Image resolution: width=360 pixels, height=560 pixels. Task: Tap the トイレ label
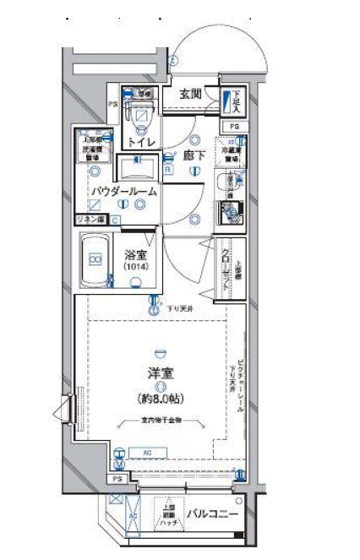[x=141, y=142]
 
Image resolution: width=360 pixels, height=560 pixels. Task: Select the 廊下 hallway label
[x=195, y=155]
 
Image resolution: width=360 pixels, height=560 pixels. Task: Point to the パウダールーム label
[x=125, y=192]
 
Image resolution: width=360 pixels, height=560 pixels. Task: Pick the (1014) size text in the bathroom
[x=135, y=267]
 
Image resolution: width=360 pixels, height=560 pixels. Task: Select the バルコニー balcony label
[x=212, y=514]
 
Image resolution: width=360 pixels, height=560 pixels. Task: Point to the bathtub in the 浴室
[x=95, y=261]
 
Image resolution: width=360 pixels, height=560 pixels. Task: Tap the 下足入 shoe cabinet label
[x=237, y=101]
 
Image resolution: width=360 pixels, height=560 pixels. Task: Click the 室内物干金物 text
[x=161, y=420]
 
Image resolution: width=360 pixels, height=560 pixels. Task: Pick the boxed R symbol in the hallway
[x=169, y=167]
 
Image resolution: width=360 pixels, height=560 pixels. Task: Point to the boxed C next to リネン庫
[x=115, y=220]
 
